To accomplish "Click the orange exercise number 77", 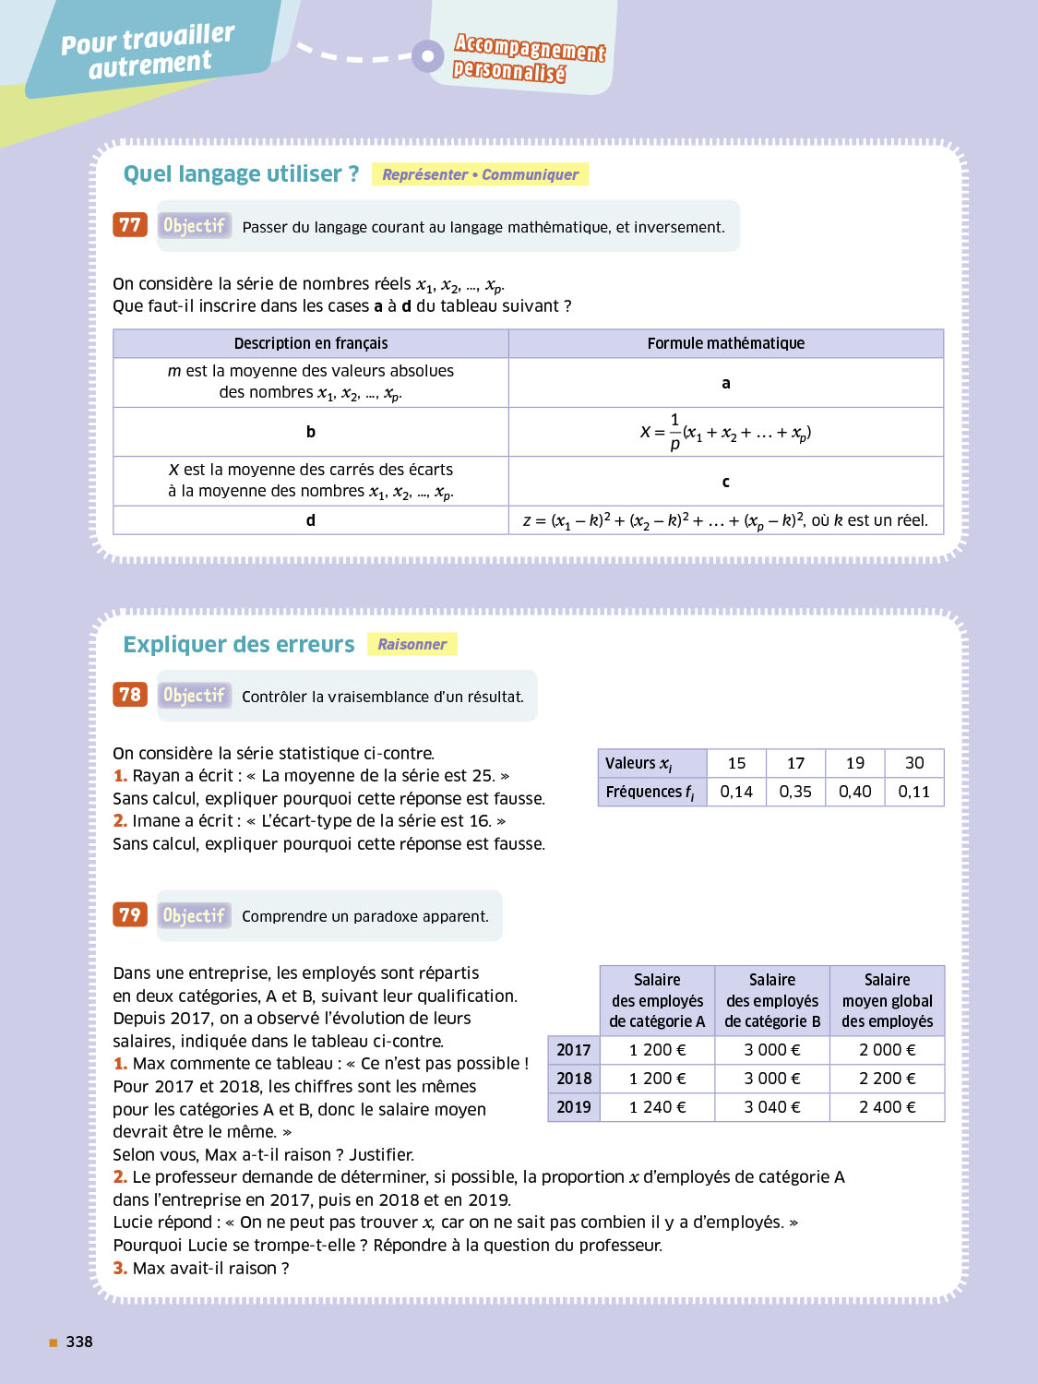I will tap(130, 225).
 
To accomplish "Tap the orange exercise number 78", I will tap(130, 695).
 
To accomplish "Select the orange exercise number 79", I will tap(130, 914).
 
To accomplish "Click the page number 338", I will tap(79, 1342).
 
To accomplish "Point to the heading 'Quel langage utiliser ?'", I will tap(241, 173).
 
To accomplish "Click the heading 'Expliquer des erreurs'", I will tap(239, 644).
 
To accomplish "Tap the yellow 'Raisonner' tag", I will tap(412, 644).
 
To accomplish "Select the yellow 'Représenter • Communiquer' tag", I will tap(480, 174).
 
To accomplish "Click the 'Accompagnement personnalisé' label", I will tap(529, 58).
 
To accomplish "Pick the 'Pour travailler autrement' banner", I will tap(149, 51).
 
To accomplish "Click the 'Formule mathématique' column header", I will tap(725, 343).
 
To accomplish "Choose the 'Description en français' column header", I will tap(311, 343).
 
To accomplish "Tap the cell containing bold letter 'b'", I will tap(311, 432).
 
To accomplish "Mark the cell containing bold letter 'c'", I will tap(725, 482).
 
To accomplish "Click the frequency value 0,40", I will tap(854, 792).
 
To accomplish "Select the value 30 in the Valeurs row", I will tap(913, 763).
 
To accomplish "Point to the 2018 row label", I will tap(574, 1079).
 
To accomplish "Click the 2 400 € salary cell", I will tap(887, 1107).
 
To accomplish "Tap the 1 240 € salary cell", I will tap(657, 1107).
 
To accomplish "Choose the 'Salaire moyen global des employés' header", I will tap(887, 1000).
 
